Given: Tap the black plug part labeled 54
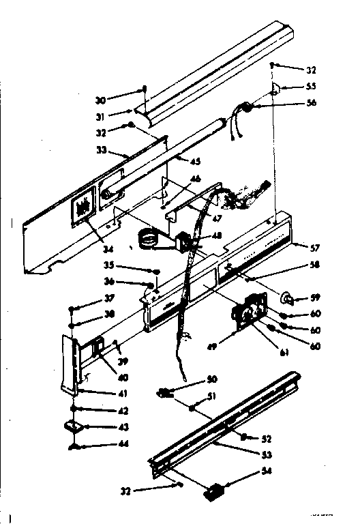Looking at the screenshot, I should pos(217,490).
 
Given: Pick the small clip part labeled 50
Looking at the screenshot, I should pos(166,392).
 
